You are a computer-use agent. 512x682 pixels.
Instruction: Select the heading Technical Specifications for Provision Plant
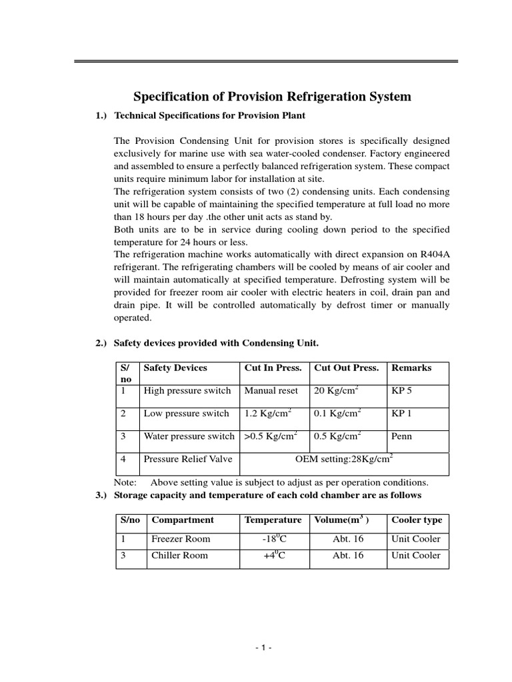[210, 116]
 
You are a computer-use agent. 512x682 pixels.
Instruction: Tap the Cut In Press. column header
[273, 368]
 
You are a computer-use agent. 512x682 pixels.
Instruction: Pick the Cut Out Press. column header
[346, 368]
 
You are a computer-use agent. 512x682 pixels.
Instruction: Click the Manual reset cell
[271, 391]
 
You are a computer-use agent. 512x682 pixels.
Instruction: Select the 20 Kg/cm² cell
[337, 391]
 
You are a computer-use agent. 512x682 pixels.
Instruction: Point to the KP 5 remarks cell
[402, 391]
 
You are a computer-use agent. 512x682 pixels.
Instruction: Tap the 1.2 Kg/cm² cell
[267, 414]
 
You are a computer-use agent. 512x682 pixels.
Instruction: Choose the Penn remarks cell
[402, 437]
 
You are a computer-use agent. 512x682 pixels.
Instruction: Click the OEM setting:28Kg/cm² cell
[344, 459]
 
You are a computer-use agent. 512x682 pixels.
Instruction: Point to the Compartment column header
[183, 520]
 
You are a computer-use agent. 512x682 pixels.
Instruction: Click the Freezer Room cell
[180, 539]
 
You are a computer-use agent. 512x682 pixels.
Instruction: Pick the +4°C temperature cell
[274, 555]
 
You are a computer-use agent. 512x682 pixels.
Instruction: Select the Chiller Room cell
[179, 555]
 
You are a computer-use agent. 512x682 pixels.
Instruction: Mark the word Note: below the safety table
[125, 482]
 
